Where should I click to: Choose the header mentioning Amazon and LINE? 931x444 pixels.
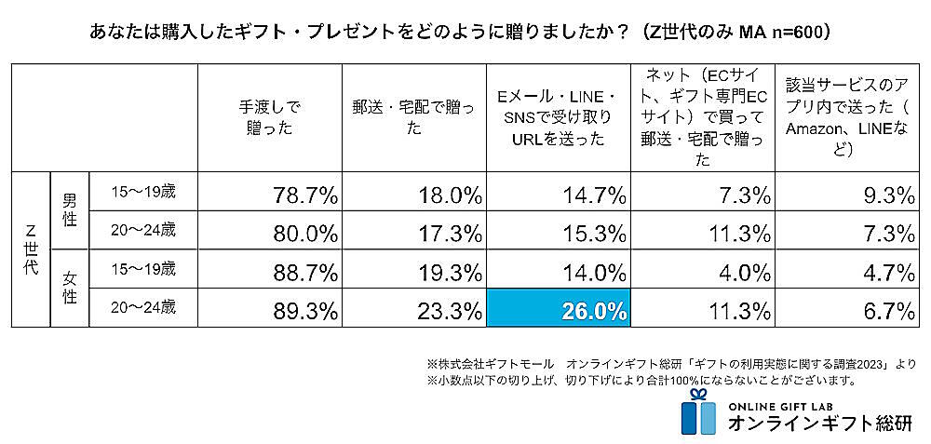tap(846, 118)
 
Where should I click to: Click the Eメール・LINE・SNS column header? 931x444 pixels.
tap(557, 118)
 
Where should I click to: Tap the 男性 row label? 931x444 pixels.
tap(69, 212)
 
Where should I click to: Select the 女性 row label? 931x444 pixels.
tap(69, 289)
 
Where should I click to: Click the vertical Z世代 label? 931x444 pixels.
tap(30, 249)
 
